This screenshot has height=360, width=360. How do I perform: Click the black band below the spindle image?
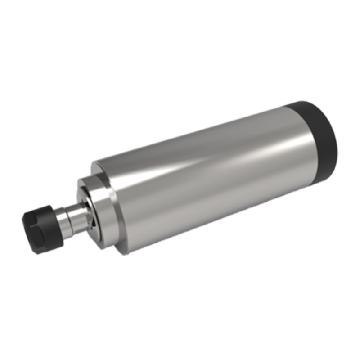pos(180,306)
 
